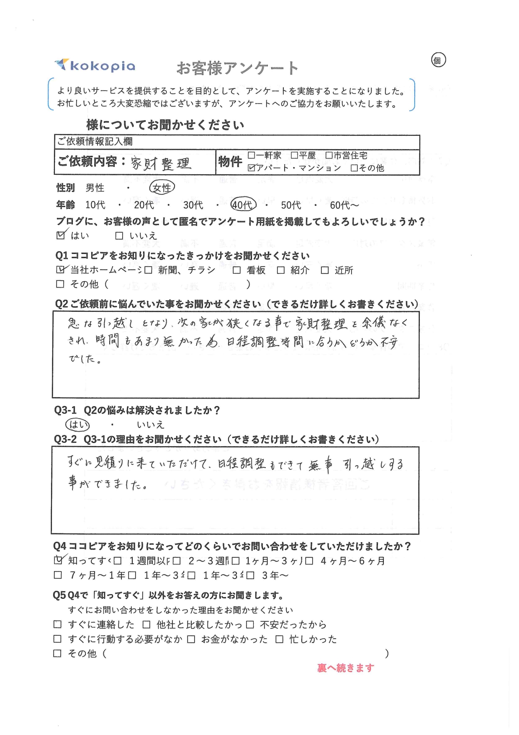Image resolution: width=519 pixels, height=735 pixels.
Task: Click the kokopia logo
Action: click(95, 65)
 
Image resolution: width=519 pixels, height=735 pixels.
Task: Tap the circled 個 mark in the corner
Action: click(438, 60)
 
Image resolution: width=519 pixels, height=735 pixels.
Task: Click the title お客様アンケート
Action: click(237, 68)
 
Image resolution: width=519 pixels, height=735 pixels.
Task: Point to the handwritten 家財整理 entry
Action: click(161, 163)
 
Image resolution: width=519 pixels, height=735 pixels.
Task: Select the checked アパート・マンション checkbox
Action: click(251, 168)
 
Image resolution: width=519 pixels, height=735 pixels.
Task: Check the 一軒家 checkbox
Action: click(251, 155)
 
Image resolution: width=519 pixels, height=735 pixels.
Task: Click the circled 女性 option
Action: click(162, 188)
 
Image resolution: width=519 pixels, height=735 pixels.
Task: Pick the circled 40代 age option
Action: click(243, 204)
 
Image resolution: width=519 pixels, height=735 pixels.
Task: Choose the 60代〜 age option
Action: click(344, 205)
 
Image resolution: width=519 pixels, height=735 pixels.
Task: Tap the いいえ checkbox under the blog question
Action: click(119, 236)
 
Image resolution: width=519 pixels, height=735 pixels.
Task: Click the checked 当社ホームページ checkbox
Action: click(61, 270)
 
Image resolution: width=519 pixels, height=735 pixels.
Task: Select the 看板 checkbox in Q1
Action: click(236, 270)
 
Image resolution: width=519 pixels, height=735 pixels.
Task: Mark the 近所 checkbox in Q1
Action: click(325, 270)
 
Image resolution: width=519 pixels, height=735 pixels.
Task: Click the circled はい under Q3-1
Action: click(78, 424)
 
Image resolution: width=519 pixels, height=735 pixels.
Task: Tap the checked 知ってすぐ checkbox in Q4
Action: click(58, 560)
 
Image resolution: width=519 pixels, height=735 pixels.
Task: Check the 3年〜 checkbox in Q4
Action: click(250, 575)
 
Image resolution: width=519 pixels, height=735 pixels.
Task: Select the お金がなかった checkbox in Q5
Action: click(191, 639)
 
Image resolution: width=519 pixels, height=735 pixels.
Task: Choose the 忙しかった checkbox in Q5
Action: click(279, 639)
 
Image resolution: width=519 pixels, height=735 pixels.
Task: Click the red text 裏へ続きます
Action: click(345, 668)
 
